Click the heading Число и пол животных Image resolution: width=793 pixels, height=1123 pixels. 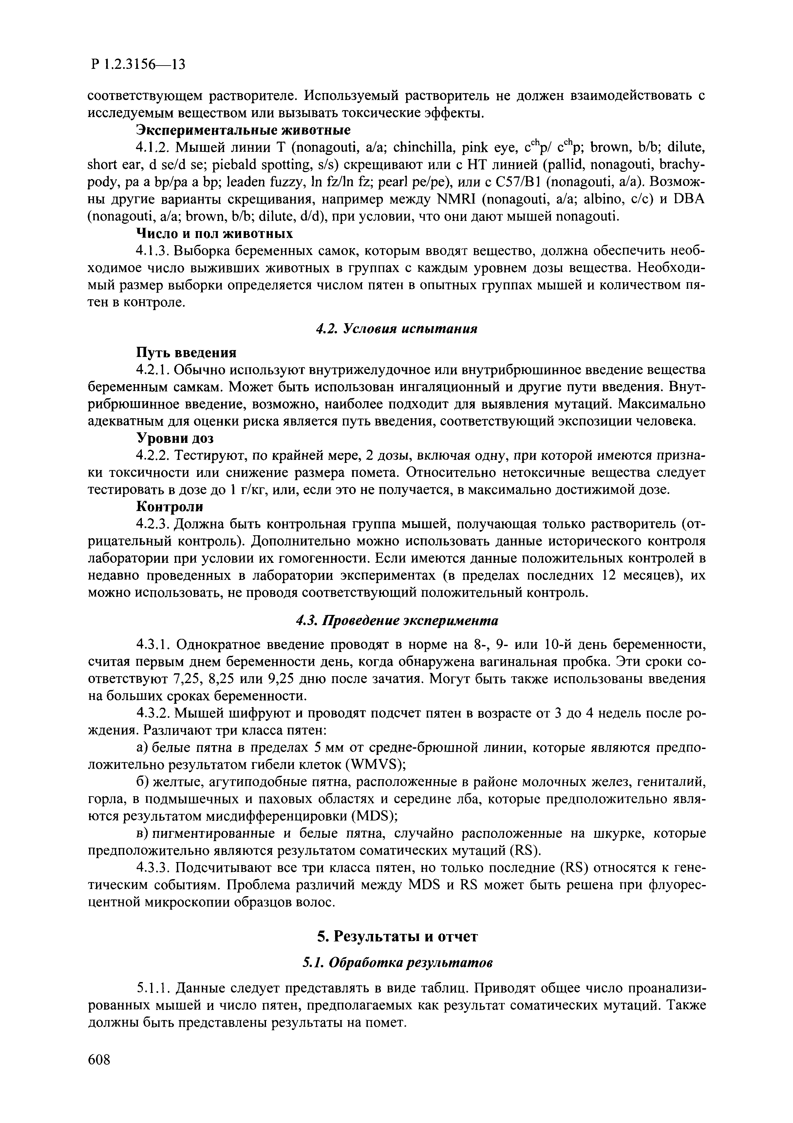click(x=214, y=233)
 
